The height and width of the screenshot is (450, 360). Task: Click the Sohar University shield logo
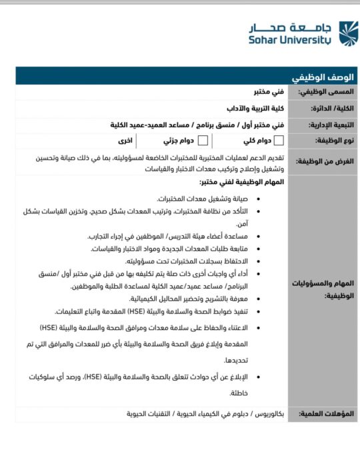348,32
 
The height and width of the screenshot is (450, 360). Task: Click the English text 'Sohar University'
290,40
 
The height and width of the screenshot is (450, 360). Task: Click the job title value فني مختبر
249,91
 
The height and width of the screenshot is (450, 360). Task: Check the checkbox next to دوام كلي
279,141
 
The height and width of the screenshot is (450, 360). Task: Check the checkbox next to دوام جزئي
203,141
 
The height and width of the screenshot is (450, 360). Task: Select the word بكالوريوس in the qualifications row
267,414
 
